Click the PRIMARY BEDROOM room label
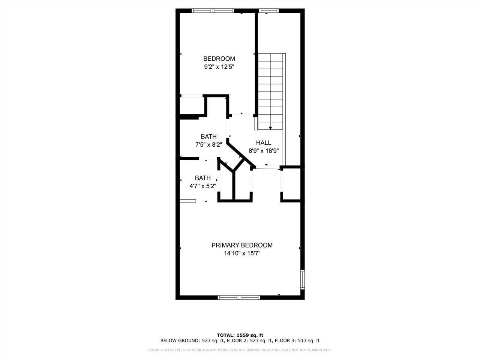(242, 245)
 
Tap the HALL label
(264, 143)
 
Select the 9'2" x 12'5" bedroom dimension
(219, 67)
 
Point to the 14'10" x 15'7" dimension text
(242, 253)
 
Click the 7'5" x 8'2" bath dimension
(208, 144)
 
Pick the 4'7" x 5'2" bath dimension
(202, 186)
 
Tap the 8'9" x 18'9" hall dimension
(264, 151)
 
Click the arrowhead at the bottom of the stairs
(270, 128)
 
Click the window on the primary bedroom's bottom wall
(239, 297)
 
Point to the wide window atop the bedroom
(213, 10)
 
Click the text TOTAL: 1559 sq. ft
(240, 335)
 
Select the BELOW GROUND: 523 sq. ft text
(192, 341)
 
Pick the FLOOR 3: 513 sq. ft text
(297, 341)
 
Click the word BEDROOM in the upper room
(219, 59)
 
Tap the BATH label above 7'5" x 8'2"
(208, 136)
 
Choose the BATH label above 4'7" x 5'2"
(202, 178)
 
